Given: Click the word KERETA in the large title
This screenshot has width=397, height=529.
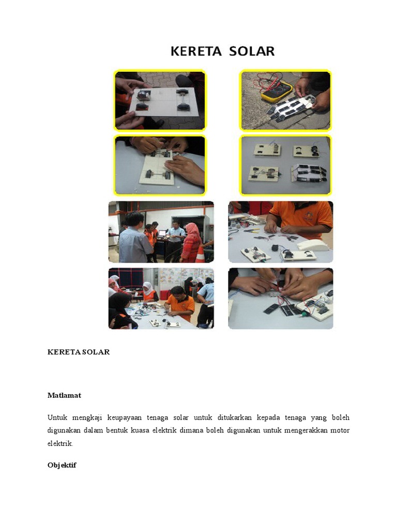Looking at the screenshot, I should click(194, 51).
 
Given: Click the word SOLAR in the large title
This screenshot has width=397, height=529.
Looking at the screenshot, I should click(250, 51).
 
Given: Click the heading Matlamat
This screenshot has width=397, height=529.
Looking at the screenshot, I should click(64, 395).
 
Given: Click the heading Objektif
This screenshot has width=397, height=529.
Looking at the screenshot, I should click(62, 465).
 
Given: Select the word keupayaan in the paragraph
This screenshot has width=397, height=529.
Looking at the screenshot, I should click(128, 417).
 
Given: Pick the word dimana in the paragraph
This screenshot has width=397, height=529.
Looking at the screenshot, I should click(215, 431).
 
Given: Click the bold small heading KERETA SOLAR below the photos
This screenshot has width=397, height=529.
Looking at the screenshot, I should click(79, 352).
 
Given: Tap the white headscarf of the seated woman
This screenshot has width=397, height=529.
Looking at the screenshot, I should click(148, 287).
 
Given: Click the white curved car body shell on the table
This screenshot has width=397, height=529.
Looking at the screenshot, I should click(313, 244).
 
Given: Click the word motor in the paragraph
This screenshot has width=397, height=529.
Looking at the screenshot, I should click(340, 431).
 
